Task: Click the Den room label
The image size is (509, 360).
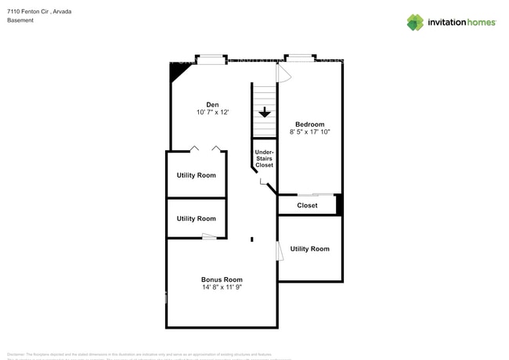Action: point(212,105)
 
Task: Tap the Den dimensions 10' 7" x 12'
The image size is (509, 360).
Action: point(212,113)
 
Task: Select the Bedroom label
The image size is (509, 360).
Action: point(309,124)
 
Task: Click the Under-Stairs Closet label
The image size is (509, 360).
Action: point(265,159)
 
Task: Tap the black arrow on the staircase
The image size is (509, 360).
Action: point(265,112)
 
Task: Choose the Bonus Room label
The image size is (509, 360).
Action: point(222,279)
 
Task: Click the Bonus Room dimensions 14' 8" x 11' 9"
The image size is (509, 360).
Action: point(222,288)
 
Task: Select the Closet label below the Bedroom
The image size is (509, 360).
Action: point(307,206)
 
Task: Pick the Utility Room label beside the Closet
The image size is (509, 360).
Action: point(310,249)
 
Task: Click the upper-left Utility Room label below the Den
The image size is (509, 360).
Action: point(196,175)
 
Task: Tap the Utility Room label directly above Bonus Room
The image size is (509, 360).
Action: point(196,219)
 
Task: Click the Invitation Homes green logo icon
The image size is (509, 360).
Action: point(414,23)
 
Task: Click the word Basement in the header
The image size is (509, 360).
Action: point(20,20)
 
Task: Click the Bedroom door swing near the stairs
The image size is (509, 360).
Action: point(284,72)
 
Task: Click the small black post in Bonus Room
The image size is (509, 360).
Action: point(251,239)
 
